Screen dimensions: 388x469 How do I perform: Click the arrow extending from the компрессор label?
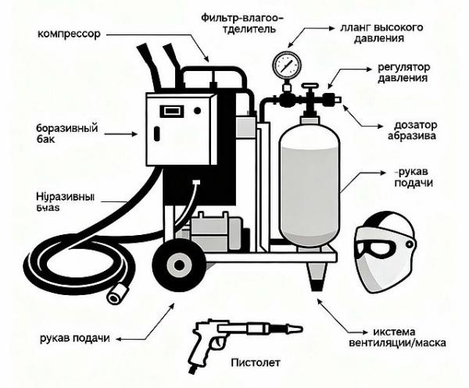point(156,36)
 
